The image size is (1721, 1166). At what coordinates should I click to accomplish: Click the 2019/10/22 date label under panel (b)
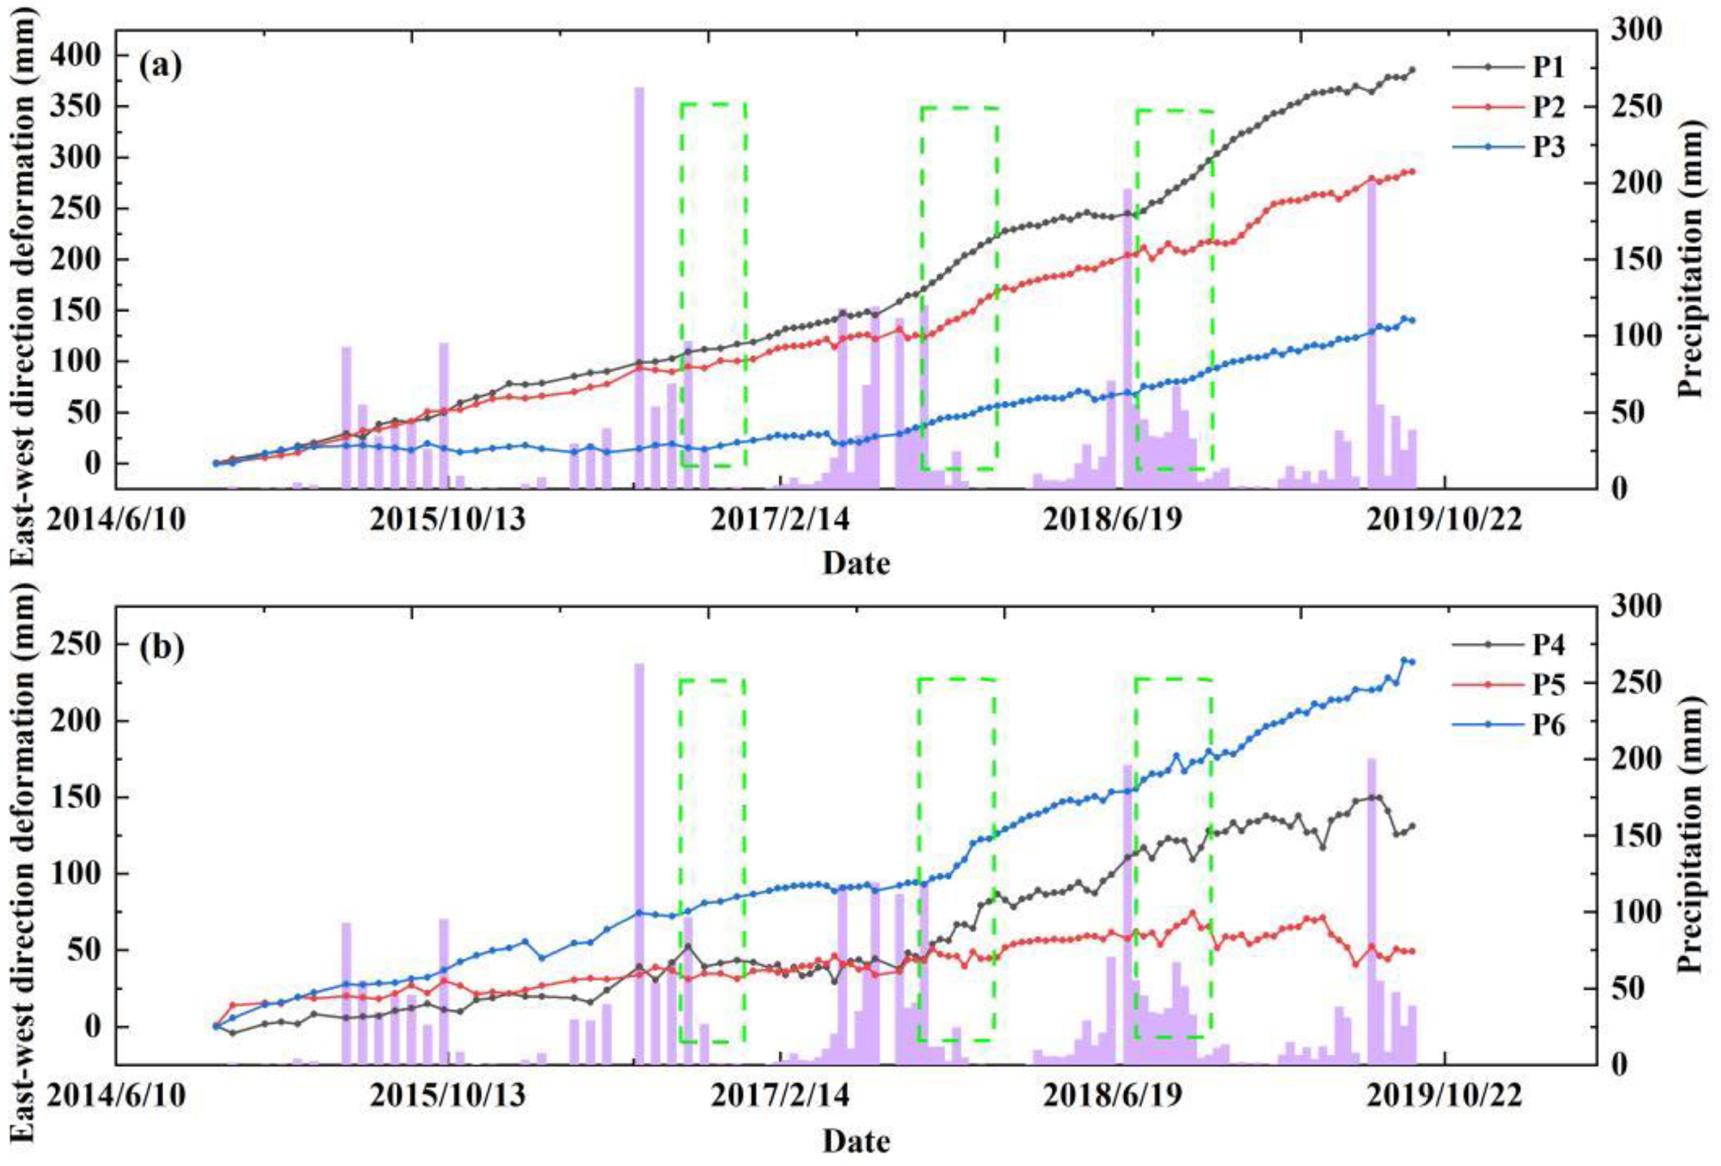pos(1444,1096)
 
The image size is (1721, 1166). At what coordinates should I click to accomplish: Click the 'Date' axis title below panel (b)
pos(856,1141)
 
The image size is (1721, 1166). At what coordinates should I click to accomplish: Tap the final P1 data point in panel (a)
pos(1412,70)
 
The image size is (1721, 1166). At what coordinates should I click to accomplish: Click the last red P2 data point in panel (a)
pos(1412,172)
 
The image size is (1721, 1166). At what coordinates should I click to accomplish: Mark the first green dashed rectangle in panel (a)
pos(713,285)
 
